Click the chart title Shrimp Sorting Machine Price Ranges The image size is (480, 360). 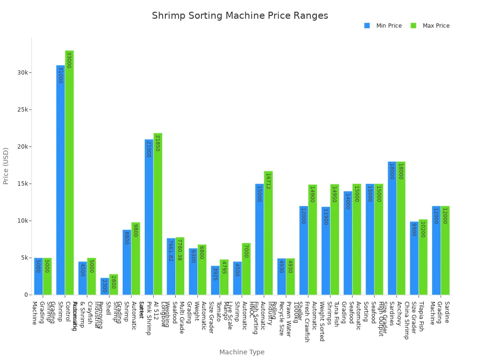[x=240, y=16]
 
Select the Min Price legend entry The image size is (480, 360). [x=383, y=26]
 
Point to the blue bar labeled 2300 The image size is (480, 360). [x=105, y=286]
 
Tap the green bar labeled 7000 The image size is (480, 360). [x=246, y=269]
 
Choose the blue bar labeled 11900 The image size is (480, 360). [x=326, y=251]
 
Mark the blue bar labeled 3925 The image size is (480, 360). [x=215, y=280]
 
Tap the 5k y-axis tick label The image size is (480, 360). [x=25, y=258]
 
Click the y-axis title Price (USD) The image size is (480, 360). [x=6, y=165]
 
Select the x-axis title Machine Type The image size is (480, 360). [x=241, y=352]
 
